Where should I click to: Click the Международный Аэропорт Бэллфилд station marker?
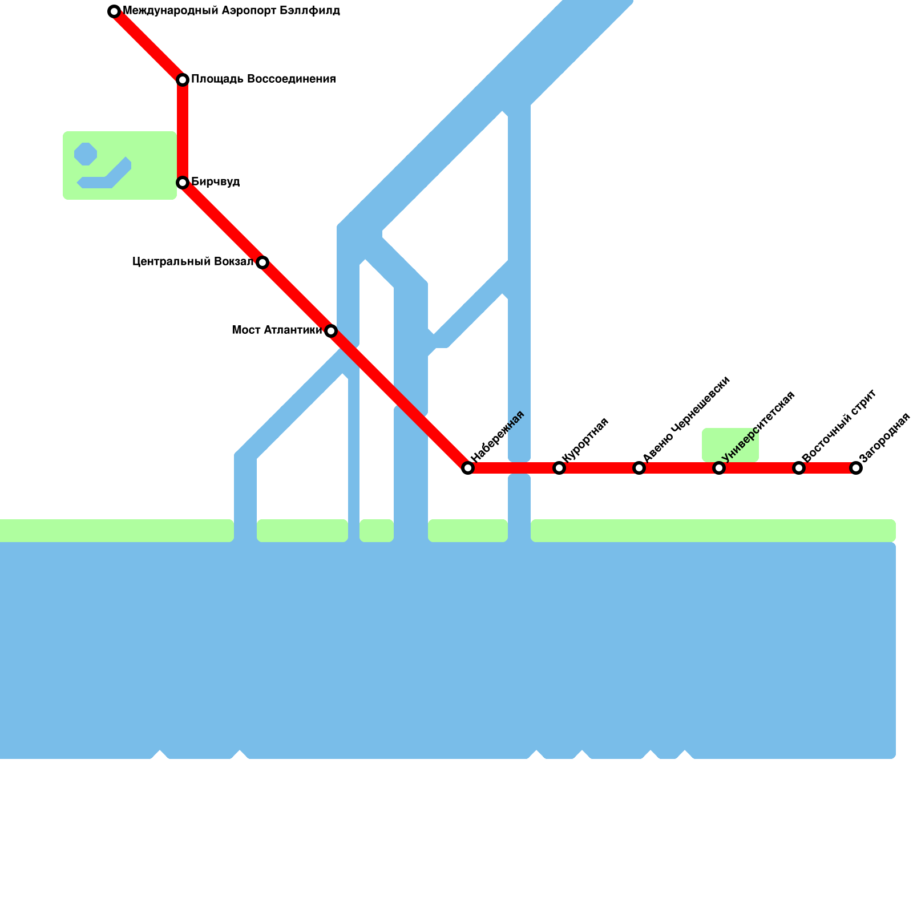114,11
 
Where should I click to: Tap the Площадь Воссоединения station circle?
183,80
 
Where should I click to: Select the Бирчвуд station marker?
183,183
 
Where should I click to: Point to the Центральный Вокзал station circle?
262,262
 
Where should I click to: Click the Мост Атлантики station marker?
331,331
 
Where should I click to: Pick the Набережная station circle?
468,468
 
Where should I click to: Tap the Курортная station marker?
559,468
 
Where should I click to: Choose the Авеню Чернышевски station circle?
639,468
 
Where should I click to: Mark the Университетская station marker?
719,468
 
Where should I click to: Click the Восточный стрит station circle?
799,468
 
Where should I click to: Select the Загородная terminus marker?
856,468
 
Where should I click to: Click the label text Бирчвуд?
215,182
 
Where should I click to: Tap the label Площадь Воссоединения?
263,79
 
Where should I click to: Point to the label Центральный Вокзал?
192,262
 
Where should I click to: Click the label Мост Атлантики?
276,330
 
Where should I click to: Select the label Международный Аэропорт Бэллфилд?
231,11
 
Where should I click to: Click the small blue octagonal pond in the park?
86,154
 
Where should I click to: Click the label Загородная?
884,437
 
